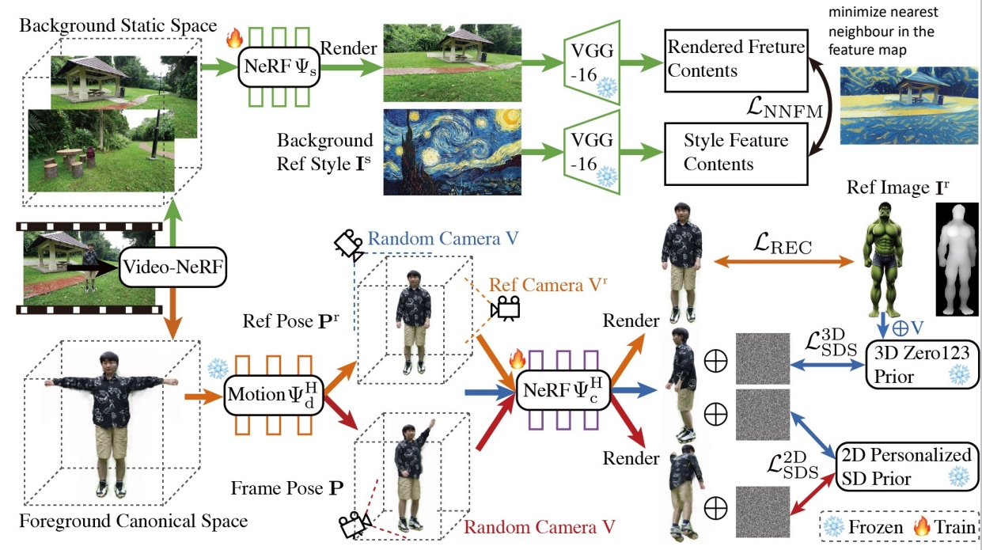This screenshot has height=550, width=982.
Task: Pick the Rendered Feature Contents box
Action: click(735, 59)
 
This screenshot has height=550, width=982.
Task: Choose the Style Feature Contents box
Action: click(735, 152)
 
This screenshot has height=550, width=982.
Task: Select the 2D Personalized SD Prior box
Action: click(905, 467)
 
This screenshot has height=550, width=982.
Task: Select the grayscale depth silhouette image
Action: click(957, 257)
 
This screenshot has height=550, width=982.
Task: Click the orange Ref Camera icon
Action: click(505, 308)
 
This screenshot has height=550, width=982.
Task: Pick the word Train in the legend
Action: click(955, 526)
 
